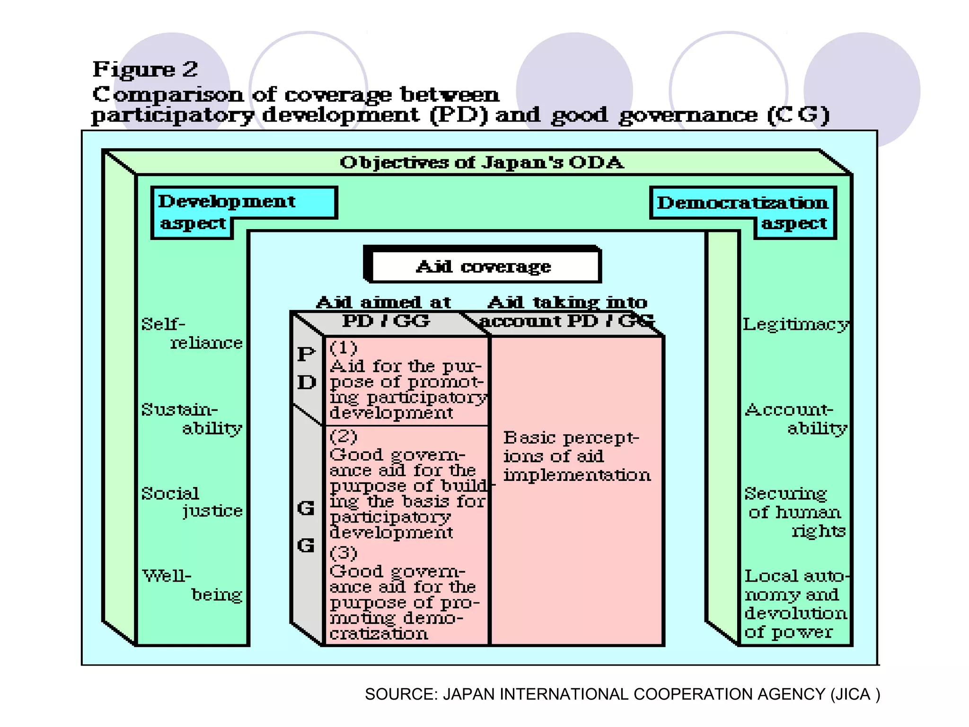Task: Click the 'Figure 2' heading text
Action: click(145, 70)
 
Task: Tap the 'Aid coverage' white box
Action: click(483, 266)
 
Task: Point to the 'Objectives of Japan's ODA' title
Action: click(482, 163)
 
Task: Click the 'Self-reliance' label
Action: click(192, 333)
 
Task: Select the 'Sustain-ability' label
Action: click(192, 418)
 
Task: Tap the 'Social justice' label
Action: click(192, 502)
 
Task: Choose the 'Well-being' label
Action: click(192, 585)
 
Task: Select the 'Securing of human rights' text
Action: click(795, 512)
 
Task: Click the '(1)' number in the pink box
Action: click(344, 348)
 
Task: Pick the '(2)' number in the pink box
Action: click(344, 436)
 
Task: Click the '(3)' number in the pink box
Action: click(344, 553)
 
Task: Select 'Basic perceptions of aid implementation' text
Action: click(576, 456)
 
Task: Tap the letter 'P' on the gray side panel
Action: click(306, 354)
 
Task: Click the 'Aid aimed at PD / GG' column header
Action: click(384, 311)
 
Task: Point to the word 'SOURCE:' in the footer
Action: click(402, 694)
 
